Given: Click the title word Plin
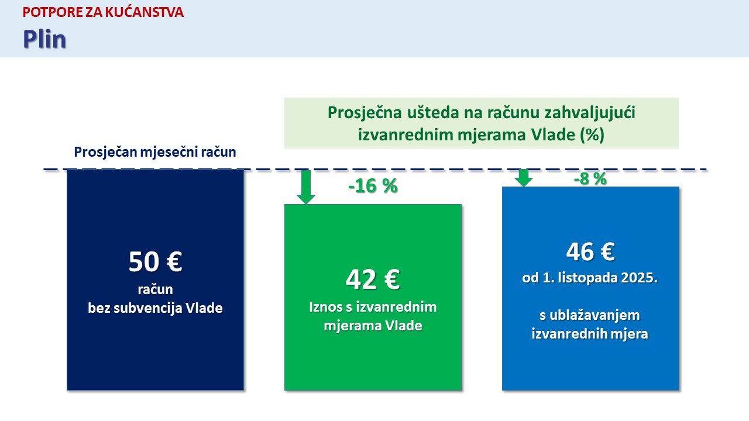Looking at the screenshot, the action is [44, 39].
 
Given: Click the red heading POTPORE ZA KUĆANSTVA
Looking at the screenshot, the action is [103, 12].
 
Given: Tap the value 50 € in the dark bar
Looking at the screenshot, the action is [156, 261].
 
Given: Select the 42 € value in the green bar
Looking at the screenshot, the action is [373, 279].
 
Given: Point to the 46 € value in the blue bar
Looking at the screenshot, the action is [590, 251].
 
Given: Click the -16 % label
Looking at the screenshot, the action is [373, 186].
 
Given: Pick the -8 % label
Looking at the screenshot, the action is [590, 179].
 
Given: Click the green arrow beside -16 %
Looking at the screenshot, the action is [306, 187].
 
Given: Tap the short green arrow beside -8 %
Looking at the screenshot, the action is [524, 178].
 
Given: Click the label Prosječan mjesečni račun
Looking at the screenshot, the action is [155, 152].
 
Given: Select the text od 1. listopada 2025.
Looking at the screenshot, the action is [590, 278].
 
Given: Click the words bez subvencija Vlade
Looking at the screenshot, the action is [155, 308].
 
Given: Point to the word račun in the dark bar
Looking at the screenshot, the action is [155, 289].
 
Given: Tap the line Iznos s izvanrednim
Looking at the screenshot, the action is [373, 307].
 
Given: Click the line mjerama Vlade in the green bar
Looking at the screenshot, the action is [373, 326].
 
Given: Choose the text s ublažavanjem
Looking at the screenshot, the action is [590, 315].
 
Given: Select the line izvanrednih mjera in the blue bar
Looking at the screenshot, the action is [590, 334].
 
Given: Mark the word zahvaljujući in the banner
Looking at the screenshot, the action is [590, 113].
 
